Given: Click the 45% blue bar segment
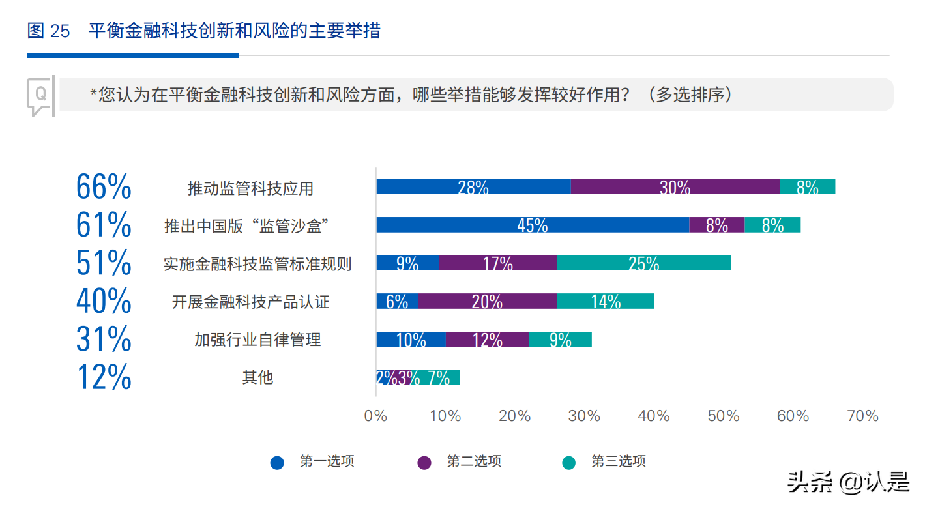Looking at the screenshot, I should [x=532, y=225].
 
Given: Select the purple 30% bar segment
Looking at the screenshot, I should [x=675, y=187].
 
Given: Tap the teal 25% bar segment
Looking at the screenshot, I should [x=643, y=263].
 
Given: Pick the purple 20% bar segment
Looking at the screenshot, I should [x=487, y=301].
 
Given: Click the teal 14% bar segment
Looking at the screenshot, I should [x=605, y=301].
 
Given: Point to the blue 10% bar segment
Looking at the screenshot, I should [x=411, y=339].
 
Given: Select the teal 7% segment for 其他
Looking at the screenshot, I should [x=438, y=377].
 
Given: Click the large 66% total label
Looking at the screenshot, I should [x=104, y=188].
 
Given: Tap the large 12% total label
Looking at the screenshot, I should [x=104, y=377].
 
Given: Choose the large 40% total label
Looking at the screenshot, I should [x=104, y=301].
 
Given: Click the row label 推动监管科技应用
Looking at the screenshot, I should [x=250, y=189].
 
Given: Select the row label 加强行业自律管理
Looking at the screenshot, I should [x=257, y=340].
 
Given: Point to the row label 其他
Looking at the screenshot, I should [x=257, y=377].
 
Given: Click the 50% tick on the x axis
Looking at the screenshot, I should [x=724, y=416].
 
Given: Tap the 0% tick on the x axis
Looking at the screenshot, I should [x=376, y=416].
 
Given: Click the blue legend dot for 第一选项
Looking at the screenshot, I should [x=278, y=463].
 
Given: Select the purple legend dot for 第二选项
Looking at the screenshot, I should [x=424, y=463].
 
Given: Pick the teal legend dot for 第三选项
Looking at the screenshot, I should [x=569, y=463].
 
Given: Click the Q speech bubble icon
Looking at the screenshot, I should [x=40, y=96].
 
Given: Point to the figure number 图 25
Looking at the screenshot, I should [x=48, y=31].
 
